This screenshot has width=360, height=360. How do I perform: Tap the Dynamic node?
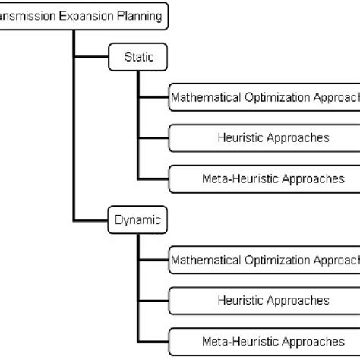click(137, 221)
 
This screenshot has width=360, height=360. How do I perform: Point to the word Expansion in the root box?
click(85, 16)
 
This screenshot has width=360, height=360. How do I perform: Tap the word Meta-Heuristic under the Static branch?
click(238, 179)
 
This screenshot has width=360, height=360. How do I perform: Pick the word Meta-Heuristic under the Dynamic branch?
click(238, 342)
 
